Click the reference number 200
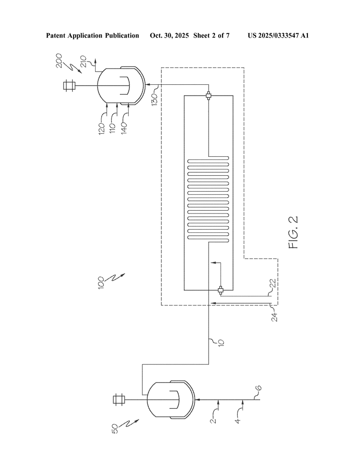59,61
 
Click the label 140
124,128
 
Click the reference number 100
101,282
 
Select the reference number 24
275,317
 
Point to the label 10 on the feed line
221,343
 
